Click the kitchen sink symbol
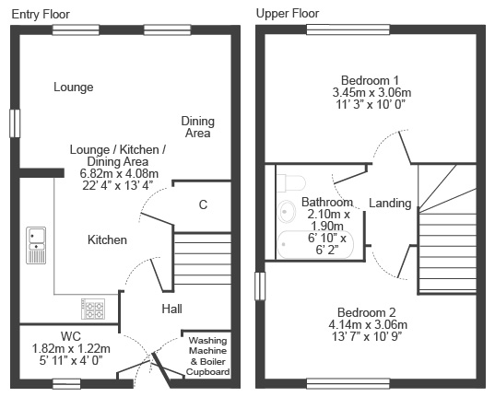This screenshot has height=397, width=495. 36,245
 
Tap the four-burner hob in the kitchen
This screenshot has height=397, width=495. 93,309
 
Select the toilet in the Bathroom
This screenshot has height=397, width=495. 291,183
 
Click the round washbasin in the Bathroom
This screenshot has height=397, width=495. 287,212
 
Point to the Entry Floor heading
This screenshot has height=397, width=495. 41,15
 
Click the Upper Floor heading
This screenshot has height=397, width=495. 288,14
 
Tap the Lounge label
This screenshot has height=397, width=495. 74,88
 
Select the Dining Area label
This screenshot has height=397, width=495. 198,127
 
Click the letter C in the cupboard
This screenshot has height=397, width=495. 203,204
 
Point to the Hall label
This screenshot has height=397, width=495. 172,309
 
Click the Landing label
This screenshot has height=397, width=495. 390,204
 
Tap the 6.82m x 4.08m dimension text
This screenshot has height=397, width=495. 119,173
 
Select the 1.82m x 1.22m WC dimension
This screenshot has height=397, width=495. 71,349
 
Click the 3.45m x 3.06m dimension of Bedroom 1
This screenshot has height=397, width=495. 371,92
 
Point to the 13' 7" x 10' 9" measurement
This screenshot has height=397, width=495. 367,337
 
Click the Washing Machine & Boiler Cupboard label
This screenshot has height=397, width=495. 207,356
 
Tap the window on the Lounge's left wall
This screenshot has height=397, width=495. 15,123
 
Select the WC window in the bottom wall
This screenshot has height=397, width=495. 66,384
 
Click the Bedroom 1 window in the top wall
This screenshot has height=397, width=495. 348,29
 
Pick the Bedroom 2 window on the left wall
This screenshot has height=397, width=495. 260,286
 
